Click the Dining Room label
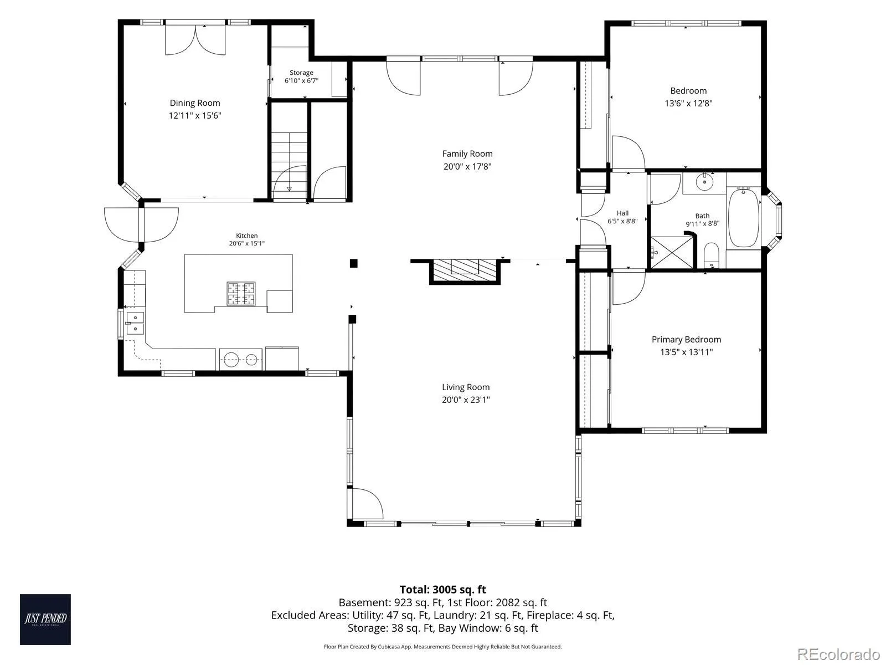pyautogui.click(x=194, y=103)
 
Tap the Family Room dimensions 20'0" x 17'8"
pyautogui.click(x=467, y=166)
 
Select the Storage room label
pyautogui.click(x=301, y=73)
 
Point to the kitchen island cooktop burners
pyautogui.click(x=241, y=294)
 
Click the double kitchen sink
pyautogui.click(x=135, y=323)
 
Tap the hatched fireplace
pyautogui.click(x=465, y=270)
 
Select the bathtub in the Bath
pyautogui.click(x=743, y=217)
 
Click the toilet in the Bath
pyautogui.click(x=711, y=255)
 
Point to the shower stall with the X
pyautogui.click(x=672, y=252)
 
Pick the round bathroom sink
pyautogui.click(x=705, y=182)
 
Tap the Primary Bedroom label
pyautogui.click(x=686, y=340)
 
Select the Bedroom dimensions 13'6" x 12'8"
pyautogui.click(x=688, y=104)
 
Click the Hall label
pyautogui.click(x=622, y=213)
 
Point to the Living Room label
pyautogui.click(x=466, y=387)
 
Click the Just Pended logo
pyautogui.click(x=45, y=620)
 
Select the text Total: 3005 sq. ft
pyautogui.click(x=443, y=590)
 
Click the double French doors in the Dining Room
pyautogui.click(x=195, y=39)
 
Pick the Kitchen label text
pyautogui.click(x=246, y=236)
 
